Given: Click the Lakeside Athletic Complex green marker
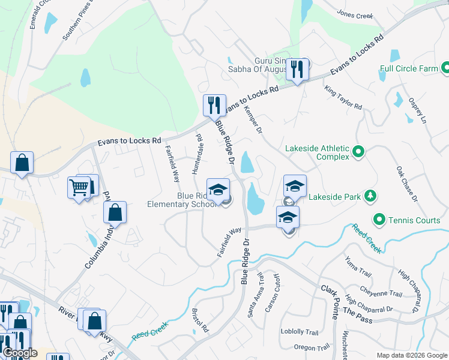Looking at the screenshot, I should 359,151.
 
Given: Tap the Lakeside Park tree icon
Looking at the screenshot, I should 371,196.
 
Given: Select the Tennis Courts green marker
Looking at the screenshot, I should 379,220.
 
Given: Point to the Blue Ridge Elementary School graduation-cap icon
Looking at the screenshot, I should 218,189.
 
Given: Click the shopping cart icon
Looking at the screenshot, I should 79,188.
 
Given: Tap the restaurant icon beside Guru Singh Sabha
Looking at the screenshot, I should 297,69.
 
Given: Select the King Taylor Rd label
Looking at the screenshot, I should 343,98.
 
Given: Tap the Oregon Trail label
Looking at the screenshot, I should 312,347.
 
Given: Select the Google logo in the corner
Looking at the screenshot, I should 20,353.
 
